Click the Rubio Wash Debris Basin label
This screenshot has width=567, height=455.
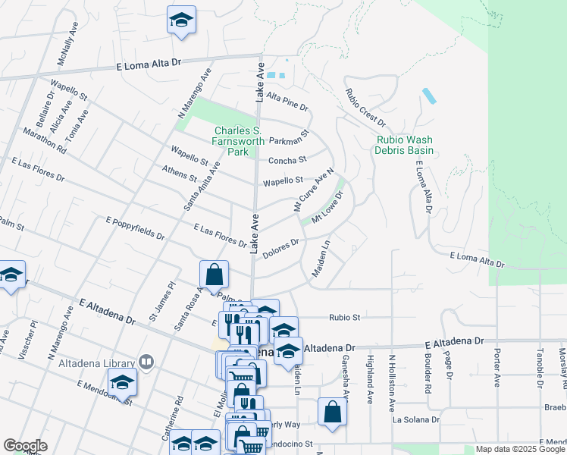(x=405, y=145)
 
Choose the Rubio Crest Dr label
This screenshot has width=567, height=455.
(x=365, y=108)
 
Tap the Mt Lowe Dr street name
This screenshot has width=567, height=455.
(x=328, y=206)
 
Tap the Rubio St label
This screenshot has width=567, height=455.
(x=343, y=318)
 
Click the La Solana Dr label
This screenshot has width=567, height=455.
(x=415, y=419)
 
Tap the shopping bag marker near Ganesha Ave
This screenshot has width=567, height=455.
(x=332, y=412)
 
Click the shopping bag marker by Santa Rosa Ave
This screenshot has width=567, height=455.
(x=215, y=274)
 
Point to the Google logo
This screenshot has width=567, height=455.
(x=25, y=446)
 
